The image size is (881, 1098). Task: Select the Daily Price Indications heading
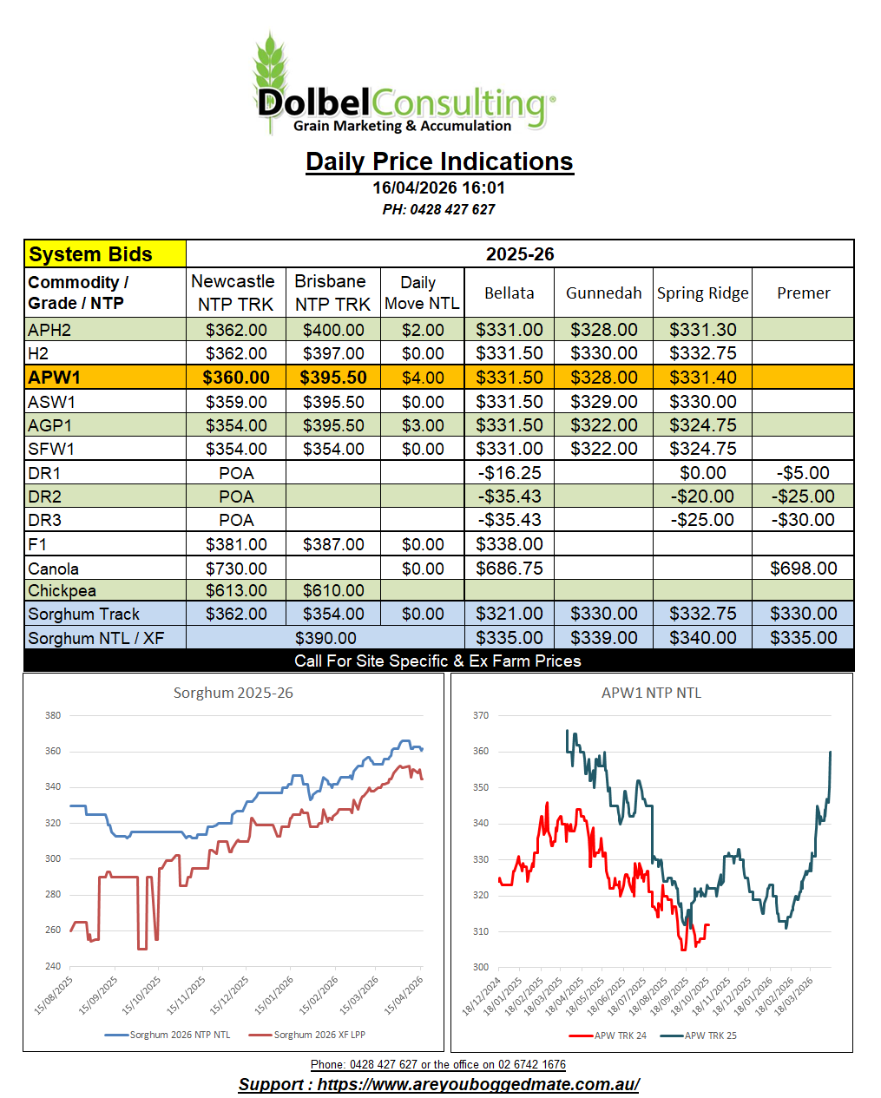tap(439, 161)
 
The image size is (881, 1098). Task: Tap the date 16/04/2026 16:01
tap(438, 187)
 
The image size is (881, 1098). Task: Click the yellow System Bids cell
tap(105, 254)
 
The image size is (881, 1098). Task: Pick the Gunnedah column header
tap(603, 293)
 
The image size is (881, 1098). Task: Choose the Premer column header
tap(803, 293)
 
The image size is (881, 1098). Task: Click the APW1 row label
tap(54, 378)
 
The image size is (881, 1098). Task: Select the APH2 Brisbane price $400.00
tap(333, 330)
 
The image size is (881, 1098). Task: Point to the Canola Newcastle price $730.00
tap(236, 569)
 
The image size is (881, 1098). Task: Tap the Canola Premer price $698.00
tap(803, 569)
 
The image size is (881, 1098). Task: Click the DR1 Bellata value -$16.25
tap(510, 473)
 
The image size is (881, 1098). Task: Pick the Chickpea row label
tap(62, 590)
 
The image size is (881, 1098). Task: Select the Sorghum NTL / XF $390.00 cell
tap(325, 638)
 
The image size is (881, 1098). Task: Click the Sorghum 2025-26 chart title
tap(233, 693)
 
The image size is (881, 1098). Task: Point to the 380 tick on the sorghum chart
tap(53, 715)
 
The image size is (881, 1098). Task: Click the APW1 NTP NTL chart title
tap(651, 693)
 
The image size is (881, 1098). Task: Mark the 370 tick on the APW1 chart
tap(480, 715)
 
